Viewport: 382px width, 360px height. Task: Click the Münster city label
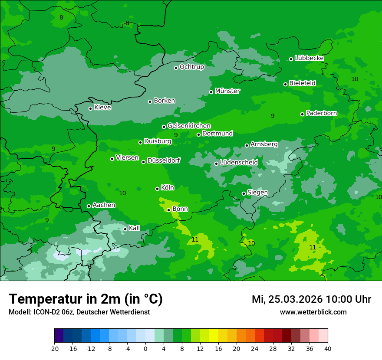click(x=227, y=91)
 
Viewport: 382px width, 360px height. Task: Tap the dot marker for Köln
click(x=157, y=189)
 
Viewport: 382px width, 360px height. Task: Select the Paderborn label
click(x=322, y=113)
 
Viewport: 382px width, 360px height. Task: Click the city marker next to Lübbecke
click(x=291, y=59)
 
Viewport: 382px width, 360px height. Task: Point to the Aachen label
click(x=104, y=205)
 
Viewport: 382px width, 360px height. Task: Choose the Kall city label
click(x=135, y=228)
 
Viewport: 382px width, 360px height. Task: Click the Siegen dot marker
click(x=244, y=193)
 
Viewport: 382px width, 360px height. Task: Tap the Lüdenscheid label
click(x=239, y=163)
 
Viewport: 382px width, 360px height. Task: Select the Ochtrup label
click(x=192, y=67)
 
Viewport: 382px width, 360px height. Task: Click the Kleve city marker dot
click(x=90, y=108)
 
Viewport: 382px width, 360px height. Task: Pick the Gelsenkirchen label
click(x=189, y=126)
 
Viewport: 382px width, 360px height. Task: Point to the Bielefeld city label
click(x=302, y=83)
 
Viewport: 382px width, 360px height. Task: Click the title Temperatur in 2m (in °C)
click(x=86, y=299)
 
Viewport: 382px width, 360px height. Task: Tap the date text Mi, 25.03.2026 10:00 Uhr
click(x=311, y=299)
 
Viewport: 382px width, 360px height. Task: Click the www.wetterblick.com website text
click(x=313, y=312)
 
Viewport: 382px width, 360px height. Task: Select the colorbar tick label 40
click(x=328, y=348)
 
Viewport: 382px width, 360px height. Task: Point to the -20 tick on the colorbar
click(x=54, y=348)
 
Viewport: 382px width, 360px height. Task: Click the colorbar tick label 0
click(x=145, y=348)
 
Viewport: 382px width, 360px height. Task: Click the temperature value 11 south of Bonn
click(x=195, y=239)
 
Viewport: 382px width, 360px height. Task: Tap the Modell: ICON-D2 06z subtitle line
click(x=79, y=312)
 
